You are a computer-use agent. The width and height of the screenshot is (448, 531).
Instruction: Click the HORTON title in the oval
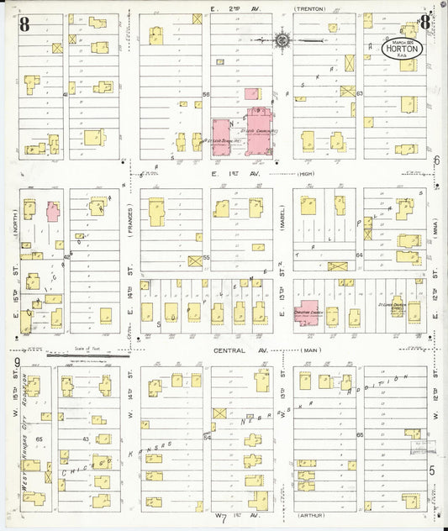click(400, 49)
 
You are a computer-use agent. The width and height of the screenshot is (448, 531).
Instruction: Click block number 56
click(206, 95)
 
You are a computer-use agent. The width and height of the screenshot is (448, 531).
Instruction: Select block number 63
click(359, 94)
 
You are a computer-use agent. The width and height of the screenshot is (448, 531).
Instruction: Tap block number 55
click(206, 257)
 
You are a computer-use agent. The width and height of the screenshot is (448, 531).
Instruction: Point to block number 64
click(359, 255)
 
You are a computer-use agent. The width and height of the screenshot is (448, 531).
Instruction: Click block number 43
click(86, 439)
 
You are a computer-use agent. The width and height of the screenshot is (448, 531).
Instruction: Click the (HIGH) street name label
click(309, 174)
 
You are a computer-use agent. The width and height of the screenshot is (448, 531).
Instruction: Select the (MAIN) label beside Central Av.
click(312, 350)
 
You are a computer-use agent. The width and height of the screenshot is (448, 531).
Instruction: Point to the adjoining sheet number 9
click(17, 363)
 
